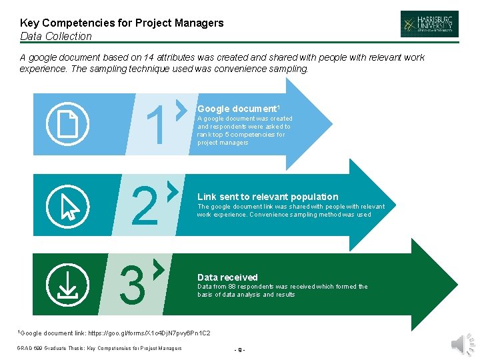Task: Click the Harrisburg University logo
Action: pyautogui.click(x=429, y=23)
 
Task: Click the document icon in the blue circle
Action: pyautogui.click(x=68, y=123)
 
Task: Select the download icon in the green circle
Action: pyautogui.click(x=68, y=283)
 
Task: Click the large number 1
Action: pyautogui.click(x=157, y=125)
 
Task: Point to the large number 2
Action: pyautogui.click(x=145, y=207)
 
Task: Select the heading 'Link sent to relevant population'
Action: pyautogui.click(x=267, y=197)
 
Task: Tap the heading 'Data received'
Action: pyautogui.click(x=227, y=277)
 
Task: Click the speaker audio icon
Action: pyautogui.click(x=460, y=343)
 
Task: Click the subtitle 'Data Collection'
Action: pyautogui.click(x=56, y=36)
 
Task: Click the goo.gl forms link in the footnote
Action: pyautogui.click(x=149, y=332)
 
